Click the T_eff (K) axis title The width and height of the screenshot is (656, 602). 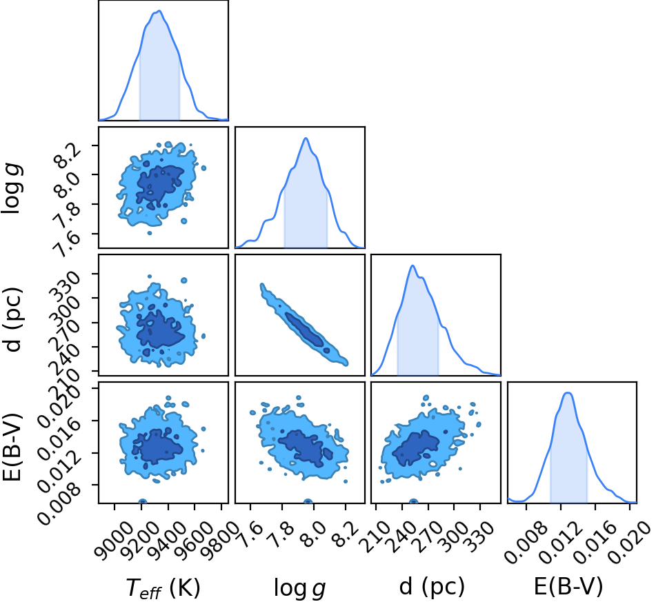[x=163, y=588]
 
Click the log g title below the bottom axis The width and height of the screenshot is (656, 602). [x=299, y=588]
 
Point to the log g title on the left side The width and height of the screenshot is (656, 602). [x=12, y=189]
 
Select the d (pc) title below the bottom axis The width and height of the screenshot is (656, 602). [x=432, y=587]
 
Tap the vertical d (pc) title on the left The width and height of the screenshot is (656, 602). [x=12, y=320]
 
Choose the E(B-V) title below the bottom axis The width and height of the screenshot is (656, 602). [x=568, y=586]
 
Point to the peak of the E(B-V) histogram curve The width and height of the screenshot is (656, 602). [x=568, y=392]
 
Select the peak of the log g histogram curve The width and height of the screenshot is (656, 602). [x=306, y=138]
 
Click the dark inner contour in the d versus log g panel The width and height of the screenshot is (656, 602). [x=305, y=329]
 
